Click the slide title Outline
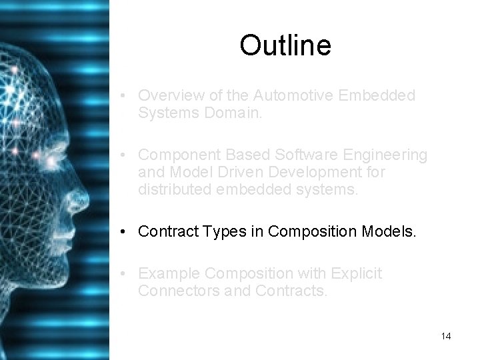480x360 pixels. (x=285, y=45)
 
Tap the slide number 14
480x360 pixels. (x=445, y=336)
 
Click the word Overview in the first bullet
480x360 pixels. (x=167, y=95)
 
